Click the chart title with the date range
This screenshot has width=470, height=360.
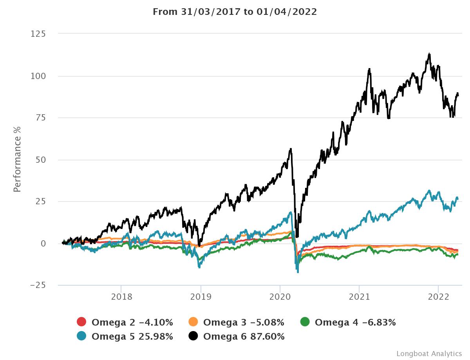tap(235, 12)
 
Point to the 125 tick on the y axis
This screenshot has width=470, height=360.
tap(38, 34)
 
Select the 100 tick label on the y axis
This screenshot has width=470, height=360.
tap(38, 76)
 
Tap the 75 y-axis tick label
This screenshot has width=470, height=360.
tap(41, 118)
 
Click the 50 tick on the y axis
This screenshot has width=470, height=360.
tap(41, 160)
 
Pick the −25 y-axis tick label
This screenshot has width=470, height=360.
tap(38, 285)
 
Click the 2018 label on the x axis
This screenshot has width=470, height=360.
tap(121, 297)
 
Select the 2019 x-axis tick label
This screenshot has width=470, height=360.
tap(201, 297)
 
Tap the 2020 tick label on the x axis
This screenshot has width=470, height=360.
tap(280, 297)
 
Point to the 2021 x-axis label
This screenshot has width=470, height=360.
tap(359, 297)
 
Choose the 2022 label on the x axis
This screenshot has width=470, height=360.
tap(438, 297)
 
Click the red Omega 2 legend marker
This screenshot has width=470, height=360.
tap(81, 322)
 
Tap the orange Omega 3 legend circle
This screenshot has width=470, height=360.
tap(193, 322)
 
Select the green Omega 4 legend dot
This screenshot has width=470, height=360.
tap(305, 322)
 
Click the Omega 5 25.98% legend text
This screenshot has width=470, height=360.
tap(132, 336)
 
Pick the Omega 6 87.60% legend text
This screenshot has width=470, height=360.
tap(244, 336)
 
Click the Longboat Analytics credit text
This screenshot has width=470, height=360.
tap(429, 353)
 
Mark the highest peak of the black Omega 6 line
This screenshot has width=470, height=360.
tap(430, 54)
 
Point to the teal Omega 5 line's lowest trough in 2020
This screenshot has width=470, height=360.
tap(298, 272)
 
